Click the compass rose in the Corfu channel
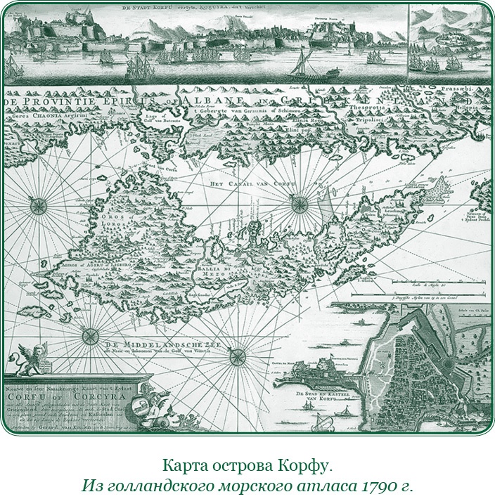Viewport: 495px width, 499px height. point(300,204)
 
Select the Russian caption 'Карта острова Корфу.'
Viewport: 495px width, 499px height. point(247,466)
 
